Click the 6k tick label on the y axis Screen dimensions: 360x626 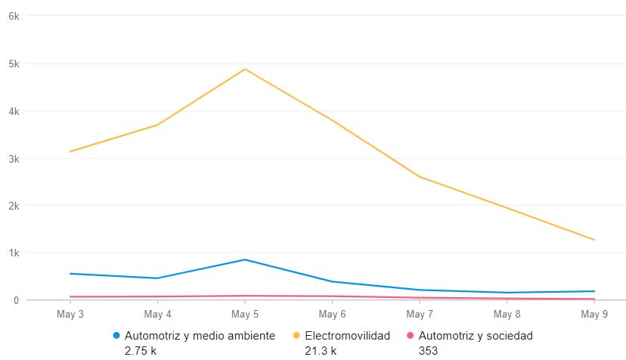[13, 16]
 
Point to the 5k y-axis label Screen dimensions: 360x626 [13, 64]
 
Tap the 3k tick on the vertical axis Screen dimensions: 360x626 [13, 159]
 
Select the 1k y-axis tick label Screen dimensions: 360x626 [13, 253]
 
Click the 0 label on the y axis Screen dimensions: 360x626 [16, 300]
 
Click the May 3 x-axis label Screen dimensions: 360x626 [70, 314]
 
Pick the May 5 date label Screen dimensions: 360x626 [245, 314]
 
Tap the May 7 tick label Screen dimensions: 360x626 [420, 314]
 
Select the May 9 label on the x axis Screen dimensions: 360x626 [594, 314]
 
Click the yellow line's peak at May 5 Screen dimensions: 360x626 [245, 69]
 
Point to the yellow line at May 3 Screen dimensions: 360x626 [70, 151]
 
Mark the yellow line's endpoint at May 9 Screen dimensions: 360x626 [594, 240]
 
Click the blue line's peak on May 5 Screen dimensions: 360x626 [245, 259]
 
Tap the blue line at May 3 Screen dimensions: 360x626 [70, 273]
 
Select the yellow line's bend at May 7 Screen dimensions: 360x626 [420, 177]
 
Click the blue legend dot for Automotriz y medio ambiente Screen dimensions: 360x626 [116, 335]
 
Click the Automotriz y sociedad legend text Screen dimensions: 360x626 [476, 335]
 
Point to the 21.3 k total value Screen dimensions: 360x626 [321, 350]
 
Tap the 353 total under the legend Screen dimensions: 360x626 [428, 350]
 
